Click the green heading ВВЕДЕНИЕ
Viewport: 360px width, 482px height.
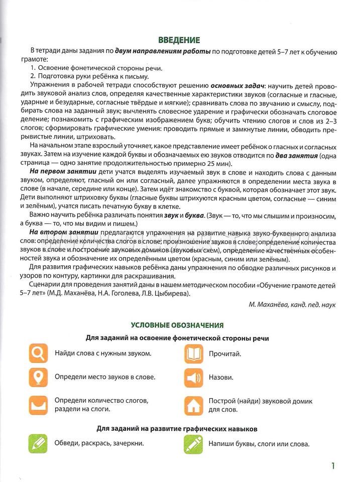click(x=179, y=41)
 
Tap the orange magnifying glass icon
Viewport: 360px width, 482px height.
click(x=38, y=353)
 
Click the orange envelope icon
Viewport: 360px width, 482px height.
click(x=38, y=405)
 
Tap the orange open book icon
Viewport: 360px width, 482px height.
click(x=193, y=353)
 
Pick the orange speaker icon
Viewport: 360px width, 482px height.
click(x=193, y=377)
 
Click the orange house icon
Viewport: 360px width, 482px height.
click(x=193, y=405)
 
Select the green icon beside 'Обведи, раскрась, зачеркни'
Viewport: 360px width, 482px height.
click(x=38, y=443)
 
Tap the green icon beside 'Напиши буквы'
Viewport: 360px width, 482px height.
click(x=193, y=443)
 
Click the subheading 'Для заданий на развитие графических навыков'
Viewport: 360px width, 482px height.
click(x=177, y=429)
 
